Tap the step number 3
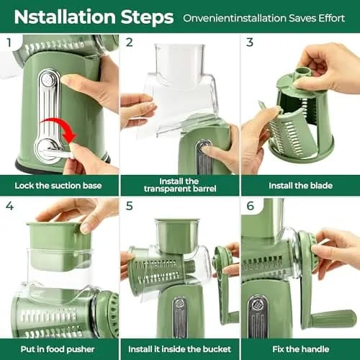coord(250,42)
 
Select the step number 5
coord(130,206)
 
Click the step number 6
coord(250,206)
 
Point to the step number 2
coord(130,42)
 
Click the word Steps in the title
coord(147,17)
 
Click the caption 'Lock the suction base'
coord(58,186)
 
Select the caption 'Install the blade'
coord(300,186)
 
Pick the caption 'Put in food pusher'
coord(58,349)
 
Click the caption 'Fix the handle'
coord(301,349)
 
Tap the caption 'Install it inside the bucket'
coord(179,349)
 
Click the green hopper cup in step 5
coord(177,236)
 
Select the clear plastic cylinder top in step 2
coord(179,63)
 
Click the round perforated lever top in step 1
coord(49,79)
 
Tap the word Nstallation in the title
coord(65,17)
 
